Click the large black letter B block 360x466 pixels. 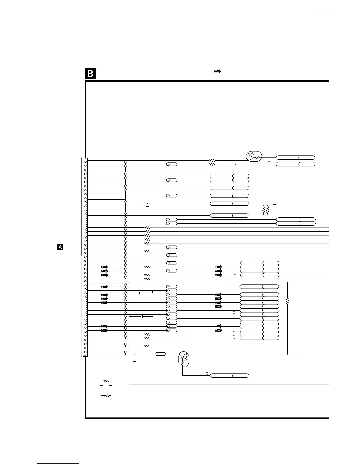point(91,74)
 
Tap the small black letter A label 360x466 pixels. point(60,247)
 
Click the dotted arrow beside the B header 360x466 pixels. point(218,71)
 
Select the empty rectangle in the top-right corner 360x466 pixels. point(327,9)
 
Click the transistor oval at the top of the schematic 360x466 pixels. point(254,156)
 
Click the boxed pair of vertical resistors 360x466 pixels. point(266,210)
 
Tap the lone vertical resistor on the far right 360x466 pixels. point(287,301)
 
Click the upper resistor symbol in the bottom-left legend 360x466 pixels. point(106,382)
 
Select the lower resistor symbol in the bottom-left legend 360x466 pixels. point(106,397)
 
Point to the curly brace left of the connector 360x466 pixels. point(81,257)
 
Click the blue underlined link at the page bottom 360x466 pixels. point(58,464)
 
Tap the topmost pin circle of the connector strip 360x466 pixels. point(85,160)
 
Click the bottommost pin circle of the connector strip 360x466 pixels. point(85,354)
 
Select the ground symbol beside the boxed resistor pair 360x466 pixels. point(274,203)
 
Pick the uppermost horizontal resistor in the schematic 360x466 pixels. point(212,161)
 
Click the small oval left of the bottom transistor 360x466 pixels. point(160,354)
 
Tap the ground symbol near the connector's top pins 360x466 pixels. point(131,170)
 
